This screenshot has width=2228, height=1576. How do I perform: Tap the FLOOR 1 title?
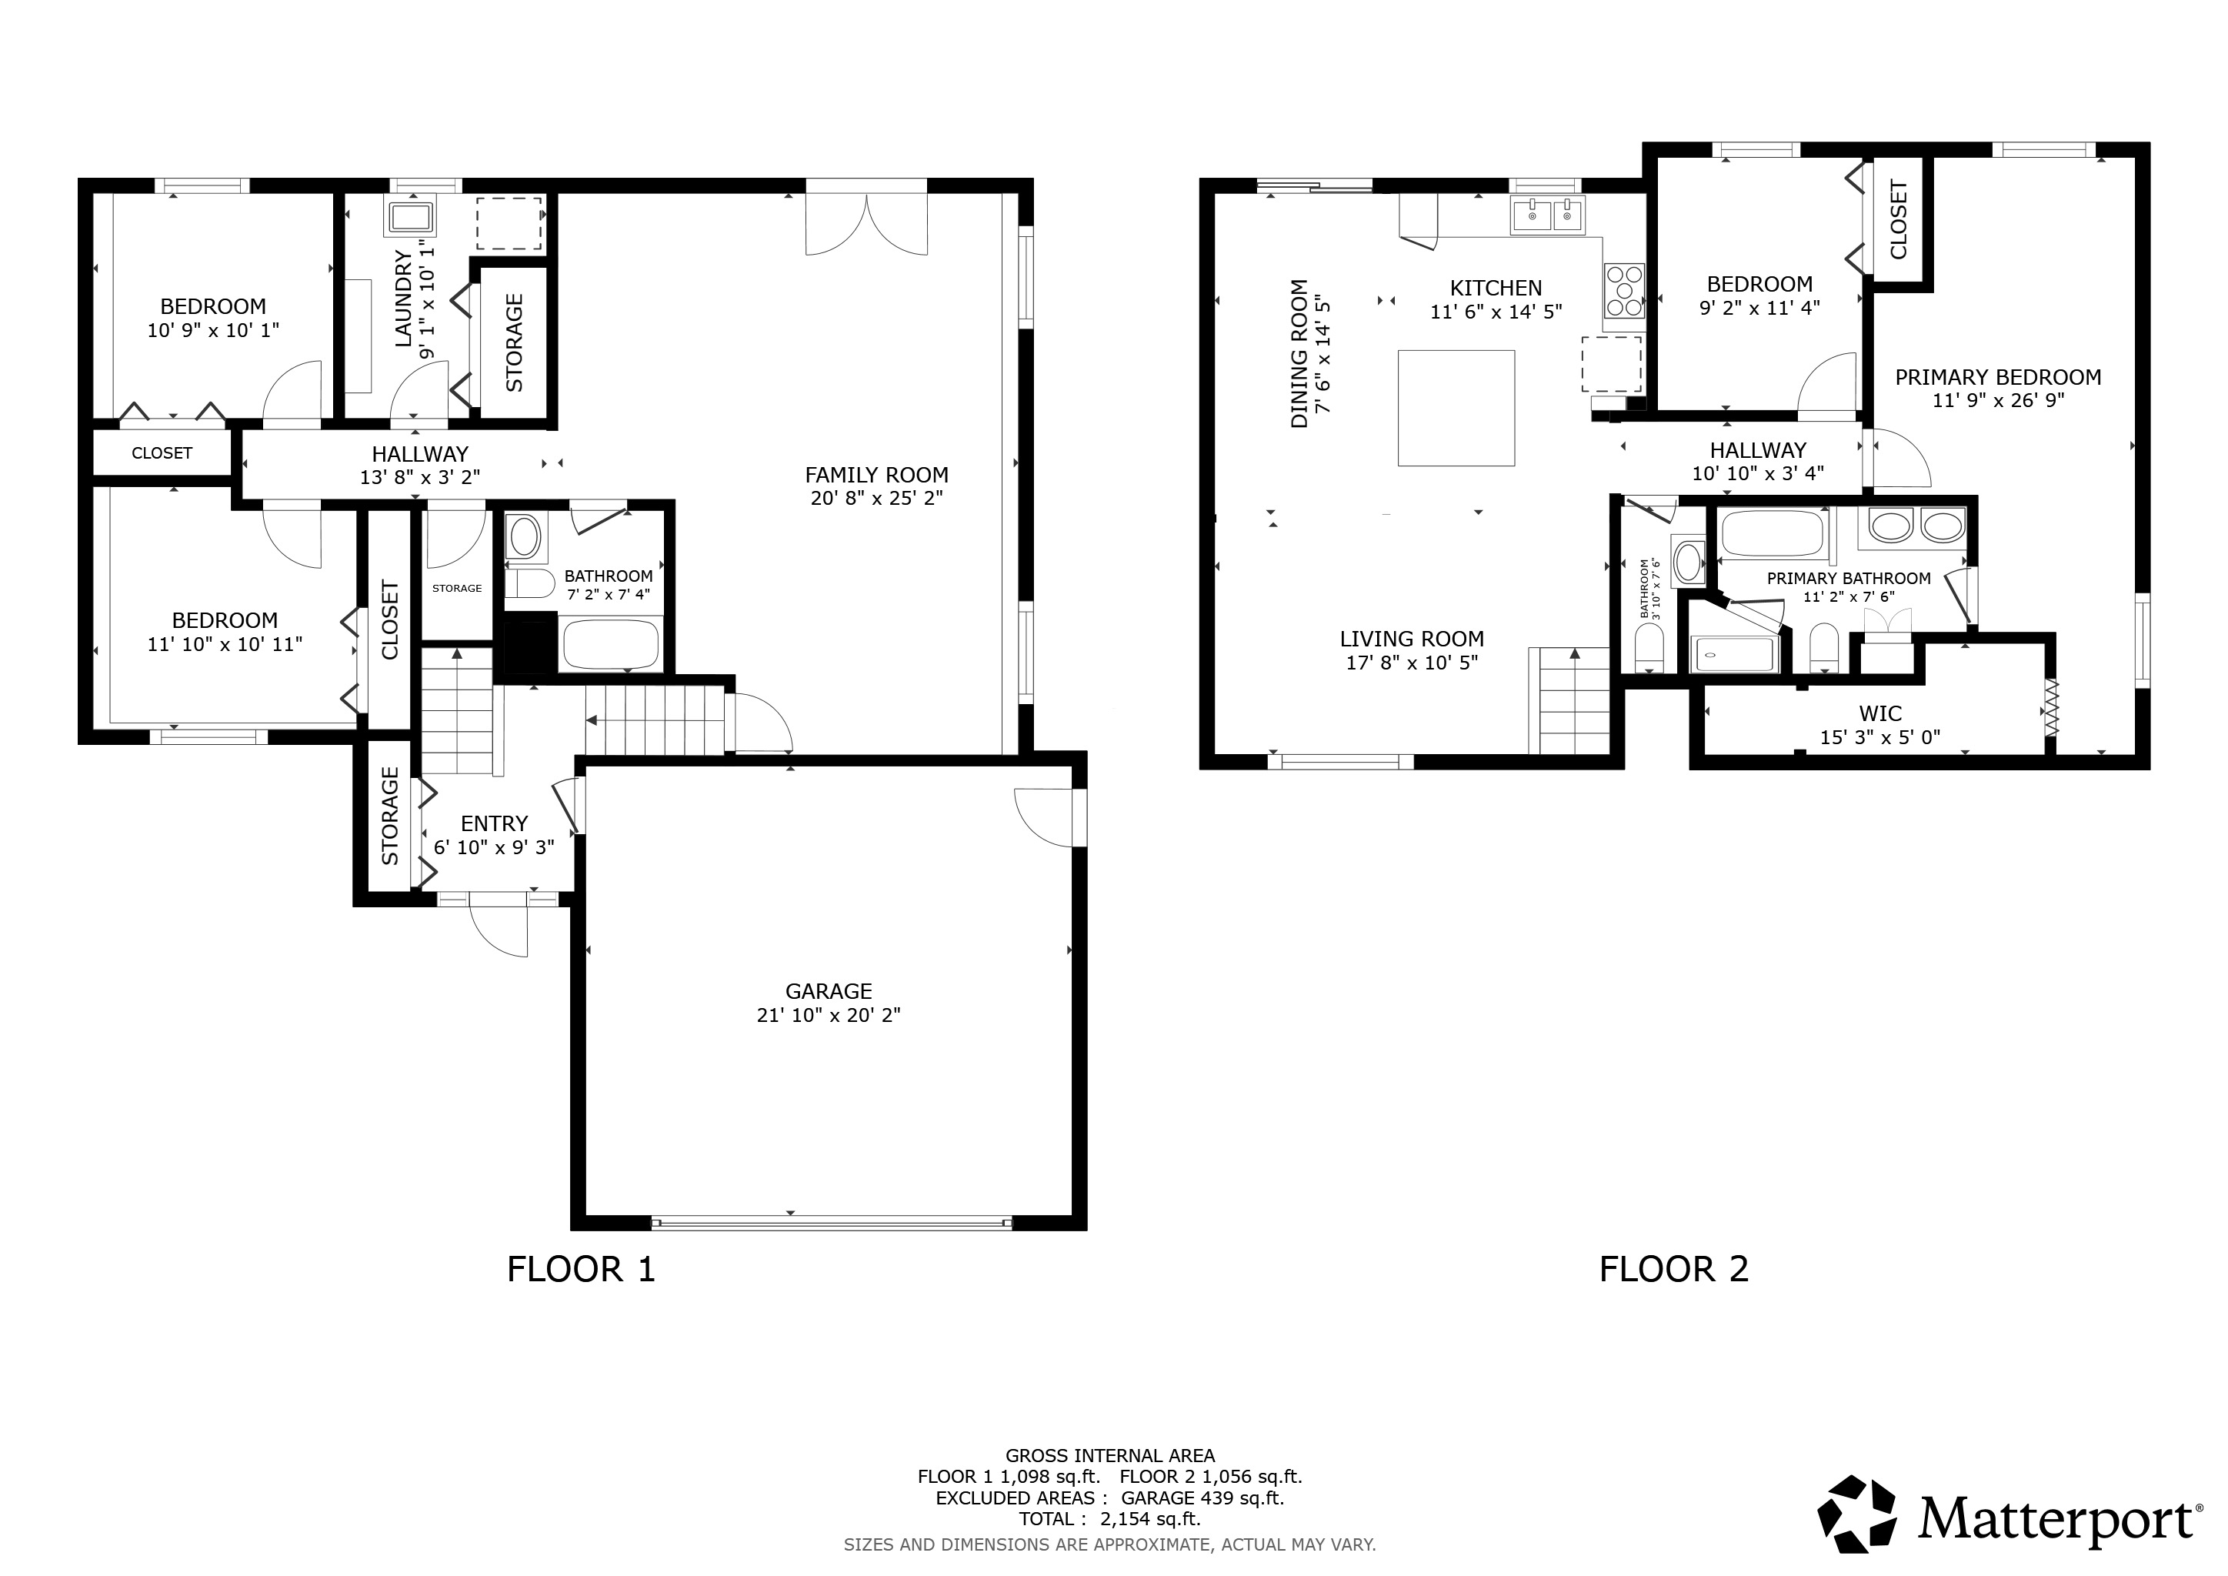582,1269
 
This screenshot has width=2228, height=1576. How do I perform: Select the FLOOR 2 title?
1674,1269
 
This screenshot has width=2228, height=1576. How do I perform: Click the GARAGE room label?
829,991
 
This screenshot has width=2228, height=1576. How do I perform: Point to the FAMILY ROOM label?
876,475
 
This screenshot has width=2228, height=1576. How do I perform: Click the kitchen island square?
1456,408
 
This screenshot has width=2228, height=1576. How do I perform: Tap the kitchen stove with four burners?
1623,290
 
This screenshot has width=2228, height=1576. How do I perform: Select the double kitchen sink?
1548,215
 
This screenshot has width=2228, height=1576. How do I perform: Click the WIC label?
1879,713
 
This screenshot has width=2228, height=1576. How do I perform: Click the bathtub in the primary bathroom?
1772,534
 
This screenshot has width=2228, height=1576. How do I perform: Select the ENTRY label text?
494,823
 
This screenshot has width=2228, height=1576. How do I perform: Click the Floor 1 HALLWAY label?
420,453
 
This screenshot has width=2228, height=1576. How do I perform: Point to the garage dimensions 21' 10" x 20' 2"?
829,1015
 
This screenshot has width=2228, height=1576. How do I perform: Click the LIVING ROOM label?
1412,639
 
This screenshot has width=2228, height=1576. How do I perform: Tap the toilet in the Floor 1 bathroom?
530,583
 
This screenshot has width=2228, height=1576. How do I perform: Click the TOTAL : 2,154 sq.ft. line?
1109,1519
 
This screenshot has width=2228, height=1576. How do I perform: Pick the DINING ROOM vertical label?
1299,353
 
